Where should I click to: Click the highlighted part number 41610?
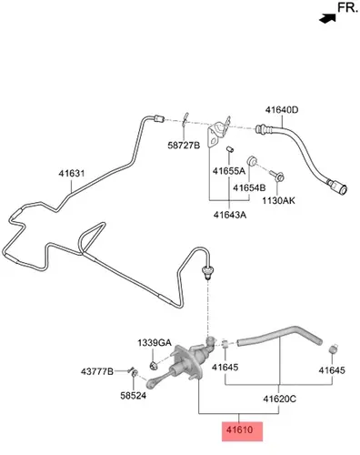(x=239, y=430)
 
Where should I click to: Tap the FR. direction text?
(x=348, y=7)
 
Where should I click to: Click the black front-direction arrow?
(x=327, y=18)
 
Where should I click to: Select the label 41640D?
(x=282, y=110)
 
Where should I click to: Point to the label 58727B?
(x=184, y=146)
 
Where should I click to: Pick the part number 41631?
(x=72, y=174)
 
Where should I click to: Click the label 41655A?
(x=229, y=171)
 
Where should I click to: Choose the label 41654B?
(x=249, y=188)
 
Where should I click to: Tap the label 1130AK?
(x=278, y=200)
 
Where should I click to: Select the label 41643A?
(x=230, y=215)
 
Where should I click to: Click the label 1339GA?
(x=155, y=343)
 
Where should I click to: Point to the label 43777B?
(x=97, y=371)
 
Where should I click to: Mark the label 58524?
(x=133, y=396)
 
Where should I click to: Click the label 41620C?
(x=279, y=399)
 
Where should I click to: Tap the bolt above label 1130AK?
(x=277, y=176)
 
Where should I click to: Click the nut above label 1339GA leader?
(x=154, y=366)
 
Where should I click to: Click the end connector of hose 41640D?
(x=339, y=187)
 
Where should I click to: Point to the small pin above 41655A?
(x=229, y=149)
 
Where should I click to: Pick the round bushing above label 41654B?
(x=251, y=160)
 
